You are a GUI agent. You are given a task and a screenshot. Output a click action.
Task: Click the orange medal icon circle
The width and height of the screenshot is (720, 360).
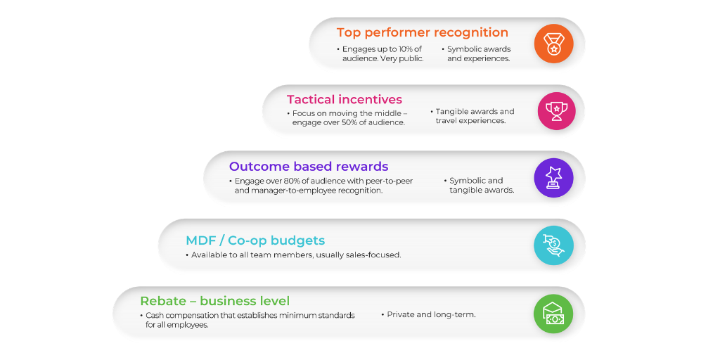(553, 44)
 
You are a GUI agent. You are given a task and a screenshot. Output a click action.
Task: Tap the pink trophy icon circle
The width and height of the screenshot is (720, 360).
(557, 110)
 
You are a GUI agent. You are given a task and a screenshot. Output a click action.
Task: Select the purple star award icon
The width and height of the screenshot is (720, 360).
(553, 178)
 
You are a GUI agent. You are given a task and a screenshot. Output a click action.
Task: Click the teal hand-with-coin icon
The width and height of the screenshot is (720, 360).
(553, 245)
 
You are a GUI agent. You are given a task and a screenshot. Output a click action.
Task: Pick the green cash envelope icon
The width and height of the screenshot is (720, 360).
(553, 314)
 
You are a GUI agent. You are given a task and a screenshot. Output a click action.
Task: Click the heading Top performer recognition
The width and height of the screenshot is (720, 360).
(422, 32)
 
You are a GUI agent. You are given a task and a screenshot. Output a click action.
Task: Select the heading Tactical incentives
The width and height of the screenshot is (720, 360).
(344, 100)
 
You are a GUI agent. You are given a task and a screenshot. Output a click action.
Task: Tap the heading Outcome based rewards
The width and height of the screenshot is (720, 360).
(308, 167)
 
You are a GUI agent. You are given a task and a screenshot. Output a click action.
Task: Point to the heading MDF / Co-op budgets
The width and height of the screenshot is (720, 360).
(255, 240)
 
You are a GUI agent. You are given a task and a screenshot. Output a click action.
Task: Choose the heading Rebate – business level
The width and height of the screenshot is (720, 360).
(214, 301)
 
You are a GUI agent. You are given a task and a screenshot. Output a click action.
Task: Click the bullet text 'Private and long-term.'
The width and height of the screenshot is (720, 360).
(431, 314)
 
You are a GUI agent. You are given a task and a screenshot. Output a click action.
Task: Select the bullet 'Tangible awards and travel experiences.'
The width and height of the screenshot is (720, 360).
(474, 116)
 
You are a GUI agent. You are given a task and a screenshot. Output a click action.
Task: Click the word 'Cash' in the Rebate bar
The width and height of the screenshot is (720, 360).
(156, 316)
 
